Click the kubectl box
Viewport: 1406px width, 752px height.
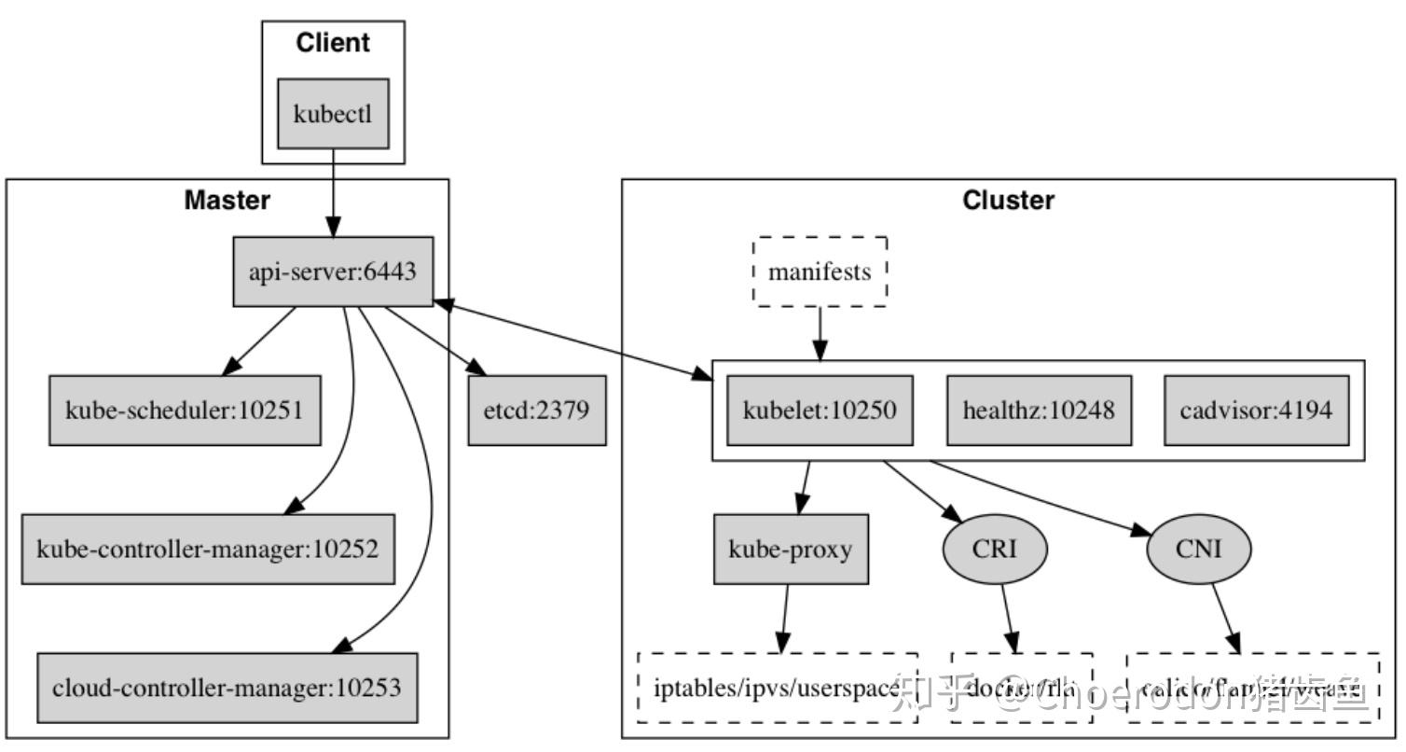[x=333, y=113]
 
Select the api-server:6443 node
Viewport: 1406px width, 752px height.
[x=333, y=272]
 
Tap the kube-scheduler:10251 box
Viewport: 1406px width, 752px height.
[x=185, y=410]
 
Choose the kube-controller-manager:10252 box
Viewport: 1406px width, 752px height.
[x=208, y=549]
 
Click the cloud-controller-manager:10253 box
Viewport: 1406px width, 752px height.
[x=227, y=688]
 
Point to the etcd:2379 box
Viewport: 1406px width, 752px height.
[x=536, y=410]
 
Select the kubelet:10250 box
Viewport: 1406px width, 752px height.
[x=820, y=410]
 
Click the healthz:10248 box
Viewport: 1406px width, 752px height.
[x=1039, y=410]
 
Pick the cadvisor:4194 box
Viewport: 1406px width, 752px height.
[x=1256, y=410]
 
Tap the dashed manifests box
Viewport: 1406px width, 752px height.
[x=820, y=272]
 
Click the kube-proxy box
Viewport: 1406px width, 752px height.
[x=791, y=549]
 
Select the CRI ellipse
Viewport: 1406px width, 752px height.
[x=995, y=549]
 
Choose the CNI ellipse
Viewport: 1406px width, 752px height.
[x=1198, y=549]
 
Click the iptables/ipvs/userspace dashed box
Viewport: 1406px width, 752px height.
[x=778, y=688]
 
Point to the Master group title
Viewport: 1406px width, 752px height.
[x=227, y=201]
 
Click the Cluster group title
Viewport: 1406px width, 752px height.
[x=1008, y=201]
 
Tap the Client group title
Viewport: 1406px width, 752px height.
[x=333, y=43]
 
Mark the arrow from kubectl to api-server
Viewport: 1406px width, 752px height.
[x=333, y=191]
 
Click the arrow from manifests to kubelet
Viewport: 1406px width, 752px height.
[x=820, y=332]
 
